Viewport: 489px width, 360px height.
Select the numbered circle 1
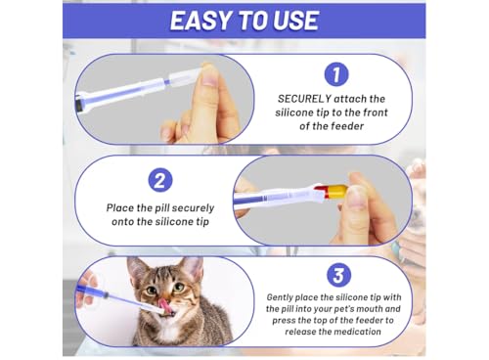(336, 74)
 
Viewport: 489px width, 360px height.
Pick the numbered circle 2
(160, 180)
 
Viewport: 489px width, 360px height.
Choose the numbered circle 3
(338, 275)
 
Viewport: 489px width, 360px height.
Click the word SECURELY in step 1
(304, 99)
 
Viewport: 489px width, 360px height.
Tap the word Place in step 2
(120, 207)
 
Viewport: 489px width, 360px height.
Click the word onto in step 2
(122, 222)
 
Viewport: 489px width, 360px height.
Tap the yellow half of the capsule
(337, 191)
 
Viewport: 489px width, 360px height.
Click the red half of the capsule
(321, 192)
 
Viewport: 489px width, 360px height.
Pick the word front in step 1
(376, 112)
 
